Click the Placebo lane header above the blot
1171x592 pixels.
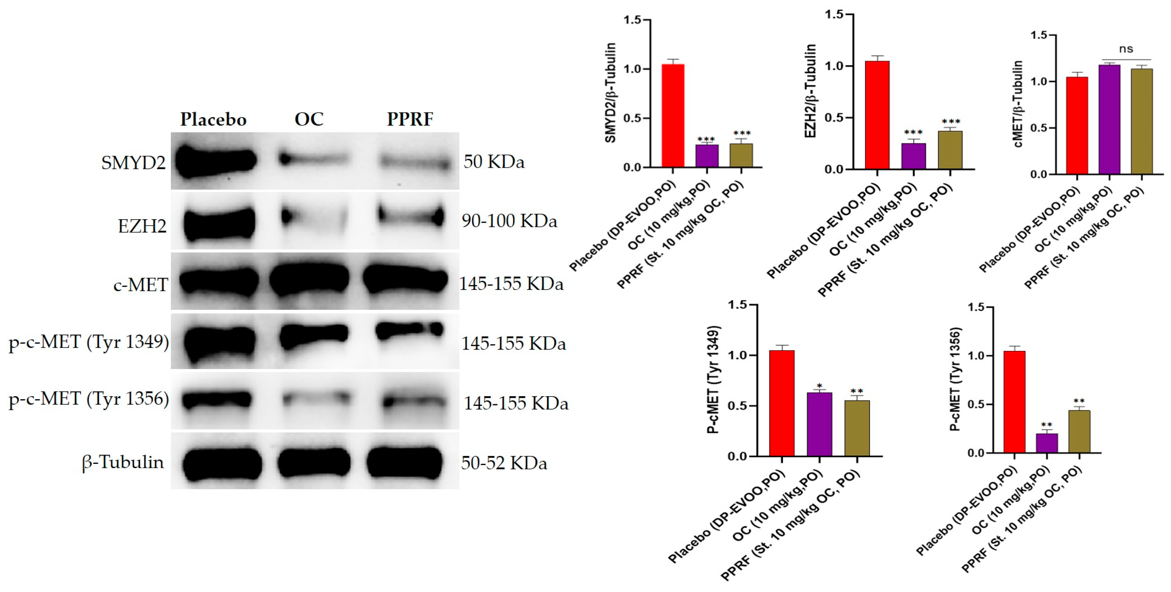coord(213,119)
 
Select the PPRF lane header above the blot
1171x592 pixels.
coord(410,119)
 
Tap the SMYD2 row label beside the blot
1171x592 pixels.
coord(133,163)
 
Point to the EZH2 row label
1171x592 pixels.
coord(142,226)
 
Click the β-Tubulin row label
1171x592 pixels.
coord(123,462)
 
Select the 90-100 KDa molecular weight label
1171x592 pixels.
coord(509,221)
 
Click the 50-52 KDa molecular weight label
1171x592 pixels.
coord(504,463)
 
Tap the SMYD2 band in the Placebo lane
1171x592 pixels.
coord(216,161)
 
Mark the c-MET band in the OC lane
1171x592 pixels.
coord(309,281)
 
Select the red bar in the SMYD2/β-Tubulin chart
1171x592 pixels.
coord(673,116)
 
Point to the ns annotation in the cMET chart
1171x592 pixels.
coord(1126,49)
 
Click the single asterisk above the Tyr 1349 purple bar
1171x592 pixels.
coord(819,386)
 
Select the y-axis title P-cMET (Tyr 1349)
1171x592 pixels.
coord(714,380)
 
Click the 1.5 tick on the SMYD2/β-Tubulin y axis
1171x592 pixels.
coord(632,20)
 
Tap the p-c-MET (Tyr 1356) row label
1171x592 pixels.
coord(89,399)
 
